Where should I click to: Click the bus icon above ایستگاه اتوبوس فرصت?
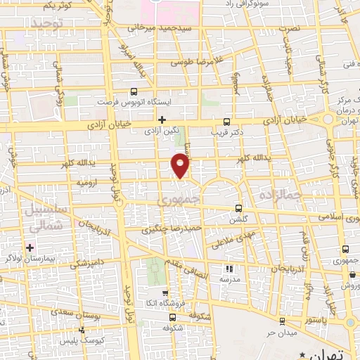[x=134, y=91]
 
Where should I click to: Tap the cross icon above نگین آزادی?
[x=162, y=120]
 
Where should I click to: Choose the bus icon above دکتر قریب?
[x=226, y=120]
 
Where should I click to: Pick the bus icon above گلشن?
[x=239, y=208]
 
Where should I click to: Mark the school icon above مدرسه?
[x=228, y=268]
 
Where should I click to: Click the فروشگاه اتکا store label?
[x=165, y=304]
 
